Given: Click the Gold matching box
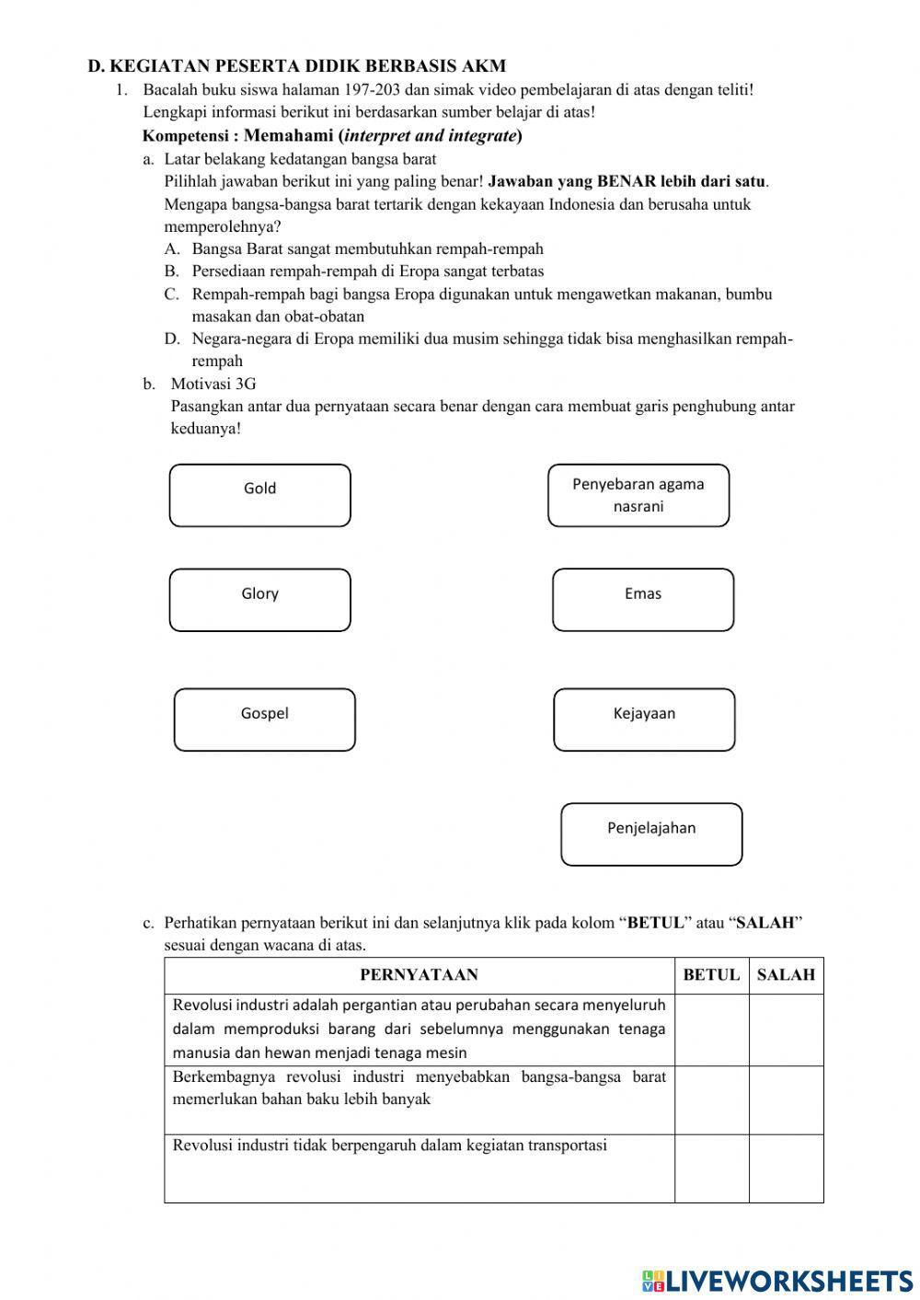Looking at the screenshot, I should pos(259,495).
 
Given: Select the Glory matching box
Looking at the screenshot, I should pos(259,600).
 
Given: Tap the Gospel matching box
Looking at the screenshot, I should pos(264,719).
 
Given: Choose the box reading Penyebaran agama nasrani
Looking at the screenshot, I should pos(638,495).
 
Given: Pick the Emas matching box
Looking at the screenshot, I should pos(643,600).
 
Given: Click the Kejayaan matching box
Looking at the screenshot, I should pos(644,719).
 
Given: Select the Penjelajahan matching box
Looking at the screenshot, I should pos(651,834).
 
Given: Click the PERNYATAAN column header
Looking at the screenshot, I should pos(419,975).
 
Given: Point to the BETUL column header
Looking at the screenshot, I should pos(711,975).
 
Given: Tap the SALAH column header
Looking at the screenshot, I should pos(786,975).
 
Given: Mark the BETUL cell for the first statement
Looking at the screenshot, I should pos(711,1030).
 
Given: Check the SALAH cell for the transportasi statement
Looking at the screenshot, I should pos(786,1168).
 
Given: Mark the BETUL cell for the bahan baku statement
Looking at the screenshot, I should pos(711,1100).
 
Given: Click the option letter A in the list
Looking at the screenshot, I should pos(172,248).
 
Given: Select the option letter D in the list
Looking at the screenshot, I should pos(172,339).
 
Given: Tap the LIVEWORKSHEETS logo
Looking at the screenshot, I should pos(777,1280).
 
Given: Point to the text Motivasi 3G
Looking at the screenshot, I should pos(213,384).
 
